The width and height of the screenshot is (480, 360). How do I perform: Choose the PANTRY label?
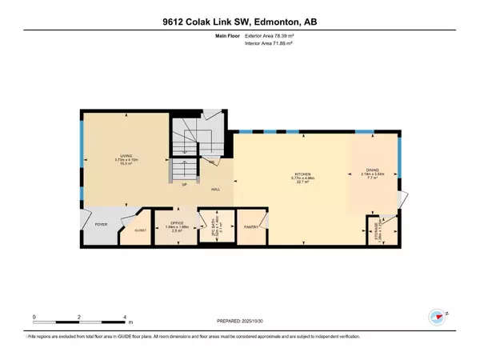[250, 226]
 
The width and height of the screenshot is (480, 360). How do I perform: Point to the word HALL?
[216, 189]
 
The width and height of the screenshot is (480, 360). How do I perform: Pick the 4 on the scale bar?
[125, 318]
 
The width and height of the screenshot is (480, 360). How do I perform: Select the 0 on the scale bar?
[34, 318]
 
